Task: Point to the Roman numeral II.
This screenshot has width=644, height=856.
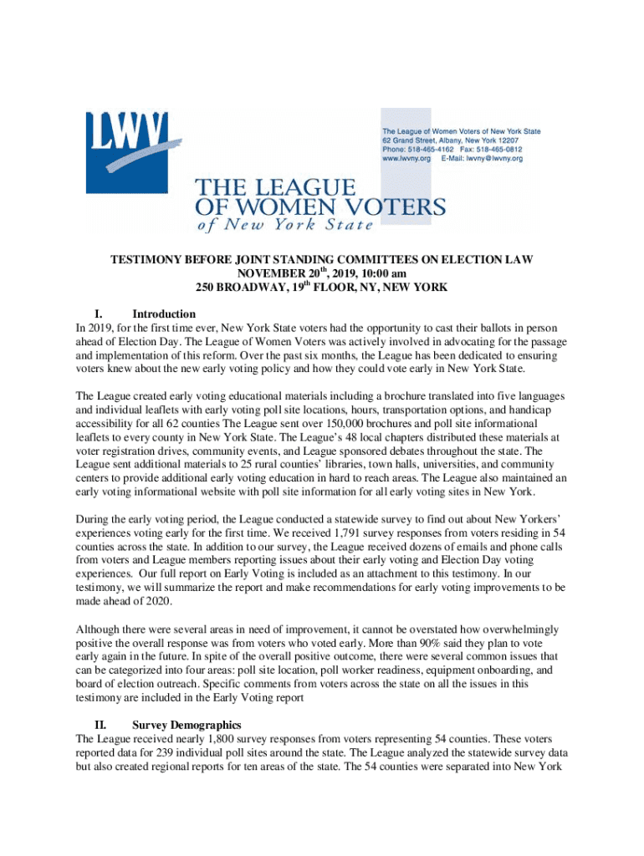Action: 98,725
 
